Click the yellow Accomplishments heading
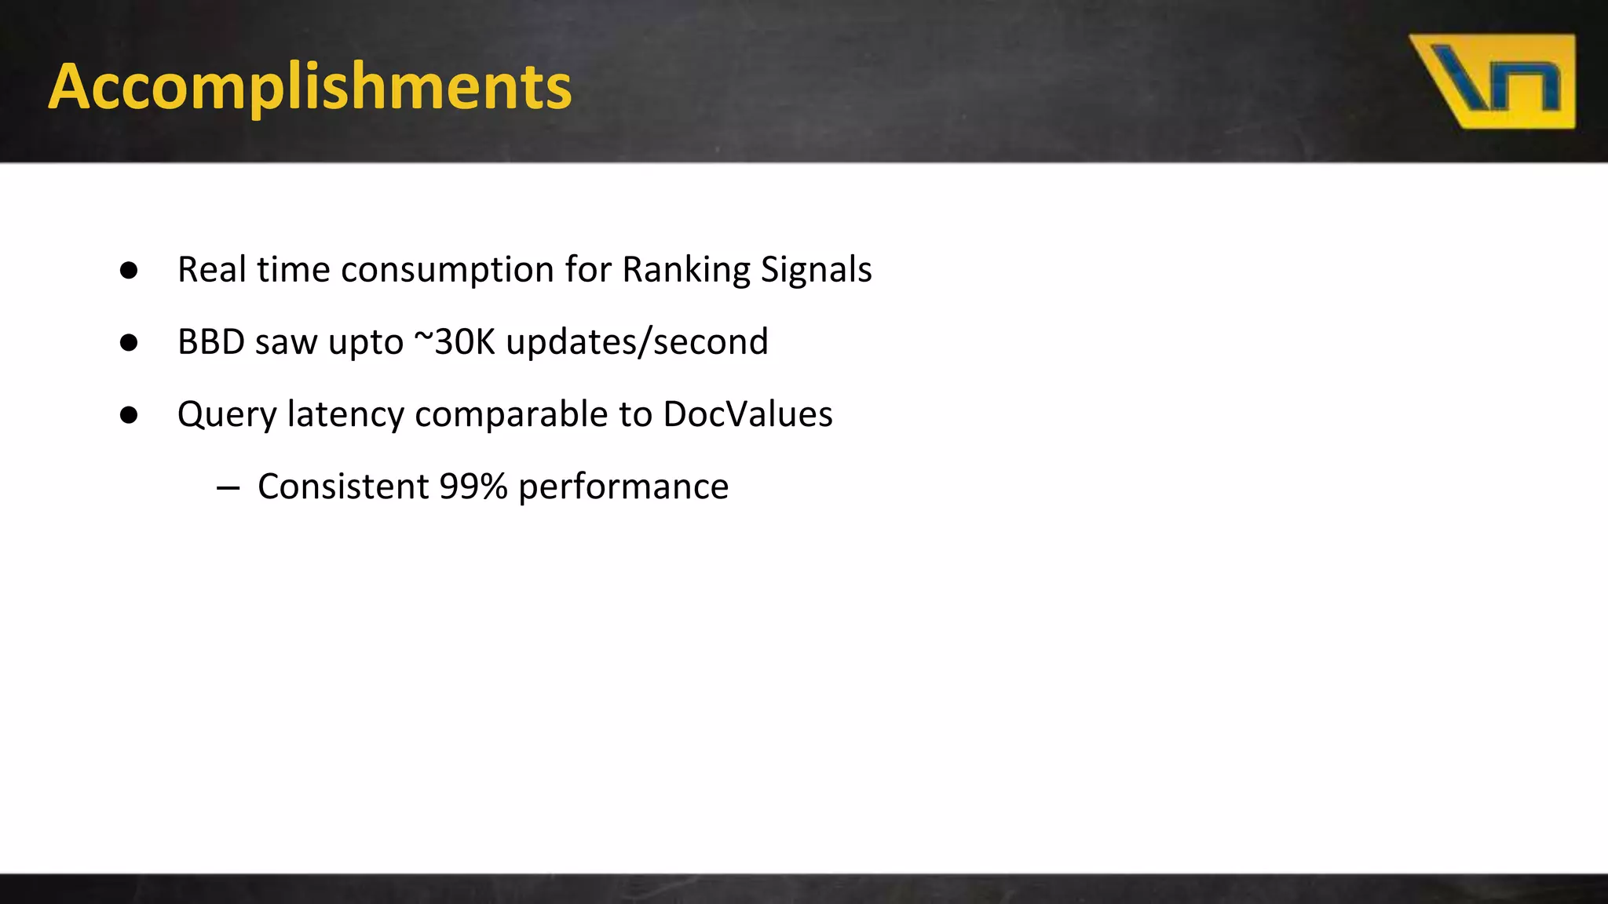[x=310, y=86]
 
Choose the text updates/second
[x=637, y=342]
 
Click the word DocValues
[x=747, y=414]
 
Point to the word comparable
[x=510, y=414]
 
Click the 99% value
[x=473, y=487]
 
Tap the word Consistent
[x=343, y=487]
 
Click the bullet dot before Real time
[x=130, y=271]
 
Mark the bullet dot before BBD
[x=130, y=343]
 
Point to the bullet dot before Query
[x=130, y=415]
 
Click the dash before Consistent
[x=228, y=488]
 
